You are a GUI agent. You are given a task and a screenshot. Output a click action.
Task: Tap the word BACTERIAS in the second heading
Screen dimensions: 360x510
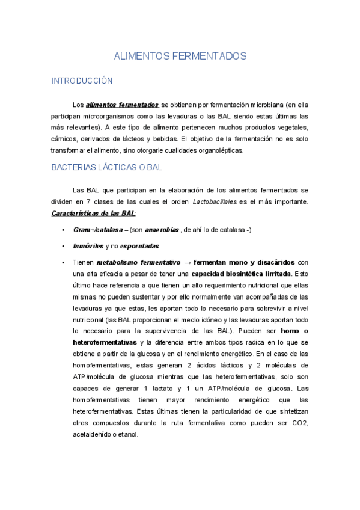click(x=74, y=167)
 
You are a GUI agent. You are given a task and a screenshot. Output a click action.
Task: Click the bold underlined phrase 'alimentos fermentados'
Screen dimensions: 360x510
click(x=123, y=104)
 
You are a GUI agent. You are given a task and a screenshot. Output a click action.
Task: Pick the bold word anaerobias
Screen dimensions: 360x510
click(x=162, y=230)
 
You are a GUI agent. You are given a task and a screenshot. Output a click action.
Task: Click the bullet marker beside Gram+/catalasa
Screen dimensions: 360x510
click(x=63, y=230)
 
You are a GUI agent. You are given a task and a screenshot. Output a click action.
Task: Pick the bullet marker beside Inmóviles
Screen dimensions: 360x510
click(x=63, y=246)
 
